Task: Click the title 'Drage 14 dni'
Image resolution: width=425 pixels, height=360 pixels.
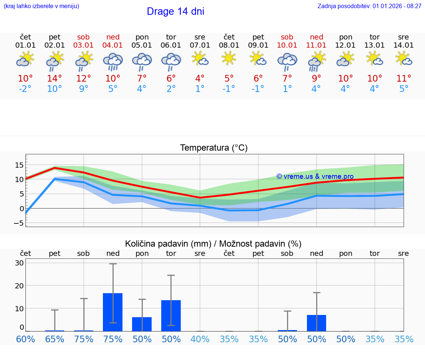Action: (175, 11)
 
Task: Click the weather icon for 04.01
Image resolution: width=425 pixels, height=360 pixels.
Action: (113, 61)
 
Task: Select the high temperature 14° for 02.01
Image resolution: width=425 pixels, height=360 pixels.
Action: (54, 79)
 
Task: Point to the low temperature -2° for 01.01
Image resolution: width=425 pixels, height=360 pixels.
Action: (25, 89)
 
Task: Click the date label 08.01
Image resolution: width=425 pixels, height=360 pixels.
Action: (229, 45)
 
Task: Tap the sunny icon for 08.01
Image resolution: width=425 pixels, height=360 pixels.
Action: (229, 58)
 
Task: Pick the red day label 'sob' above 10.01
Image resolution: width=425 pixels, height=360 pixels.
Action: (287, 37)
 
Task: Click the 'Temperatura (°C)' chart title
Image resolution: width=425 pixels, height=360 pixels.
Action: (214, 148)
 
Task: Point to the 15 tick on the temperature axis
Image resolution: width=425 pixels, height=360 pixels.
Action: (19, 165)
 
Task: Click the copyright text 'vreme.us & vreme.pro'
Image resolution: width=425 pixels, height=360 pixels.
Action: (315, 176)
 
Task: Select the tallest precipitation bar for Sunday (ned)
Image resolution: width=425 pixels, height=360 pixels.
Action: (113, 312)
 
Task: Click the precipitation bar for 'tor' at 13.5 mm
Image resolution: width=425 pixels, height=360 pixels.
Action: (171, 316)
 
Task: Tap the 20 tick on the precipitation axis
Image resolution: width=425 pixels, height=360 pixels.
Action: (19, 285)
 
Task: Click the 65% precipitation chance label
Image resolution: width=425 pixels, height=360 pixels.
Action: (54, 339)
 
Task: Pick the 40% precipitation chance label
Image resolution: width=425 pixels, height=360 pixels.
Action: (200, 339)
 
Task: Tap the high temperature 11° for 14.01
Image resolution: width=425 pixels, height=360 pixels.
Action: (404, 79)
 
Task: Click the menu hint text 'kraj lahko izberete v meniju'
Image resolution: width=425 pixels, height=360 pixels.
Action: (41, 6)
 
